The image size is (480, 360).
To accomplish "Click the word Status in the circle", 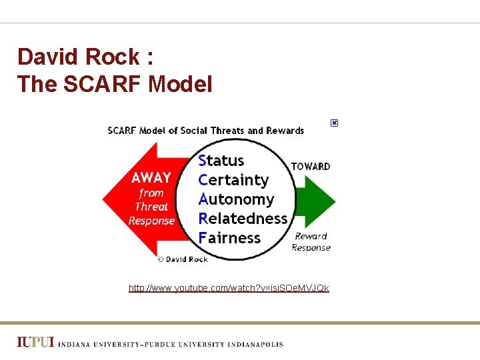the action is (221, 161).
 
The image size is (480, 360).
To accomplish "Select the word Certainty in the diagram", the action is (233, 180).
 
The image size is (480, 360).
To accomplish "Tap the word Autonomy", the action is (236, 199).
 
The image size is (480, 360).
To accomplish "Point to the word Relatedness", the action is (243, 219).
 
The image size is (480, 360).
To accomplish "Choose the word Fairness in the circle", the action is (229, 238).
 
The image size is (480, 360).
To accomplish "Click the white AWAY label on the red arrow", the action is (151, 178).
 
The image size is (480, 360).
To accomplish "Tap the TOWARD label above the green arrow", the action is (311, 166).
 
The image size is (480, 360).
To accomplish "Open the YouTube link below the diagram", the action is (229, 288).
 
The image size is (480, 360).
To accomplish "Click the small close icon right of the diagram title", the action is (334, 123).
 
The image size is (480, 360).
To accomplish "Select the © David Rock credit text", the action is (183, 259).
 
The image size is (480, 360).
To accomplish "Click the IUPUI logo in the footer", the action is (35, 343).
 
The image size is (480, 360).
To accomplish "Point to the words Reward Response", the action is (311, 241).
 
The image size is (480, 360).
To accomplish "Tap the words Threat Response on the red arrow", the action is (151, 214).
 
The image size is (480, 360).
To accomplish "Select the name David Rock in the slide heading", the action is (79, 57).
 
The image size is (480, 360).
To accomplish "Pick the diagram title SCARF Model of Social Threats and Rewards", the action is (206, 131).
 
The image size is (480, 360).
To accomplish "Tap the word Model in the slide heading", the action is (180, 84).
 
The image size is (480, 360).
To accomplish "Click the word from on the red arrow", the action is (151, 193).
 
